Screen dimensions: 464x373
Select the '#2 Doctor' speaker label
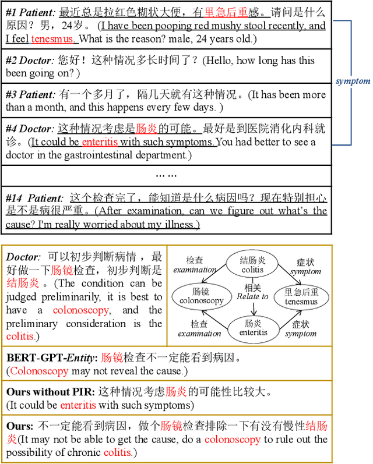pos(29,61)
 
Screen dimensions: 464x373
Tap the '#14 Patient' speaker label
pos(33,198)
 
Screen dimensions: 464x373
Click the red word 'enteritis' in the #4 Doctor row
pos(100,142)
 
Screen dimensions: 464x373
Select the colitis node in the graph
pos(252,265)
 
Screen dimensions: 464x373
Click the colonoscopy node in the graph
pos(202,296)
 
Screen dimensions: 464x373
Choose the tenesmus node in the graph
pos(301,296)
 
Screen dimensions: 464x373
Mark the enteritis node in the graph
pos(252,327)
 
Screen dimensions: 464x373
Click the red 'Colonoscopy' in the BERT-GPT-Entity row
pos(33,370)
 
